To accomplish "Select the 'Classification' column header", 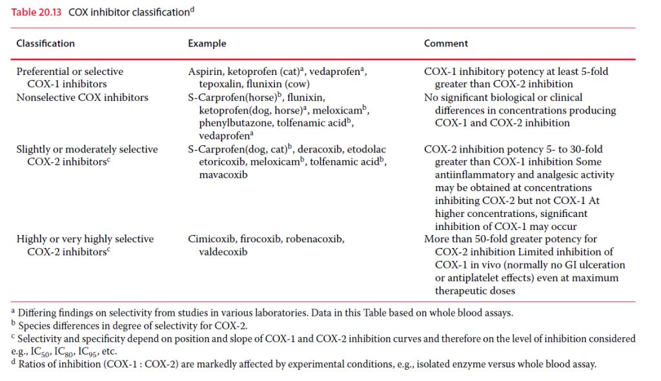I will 45,43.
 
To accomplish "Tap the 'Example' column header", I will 207,43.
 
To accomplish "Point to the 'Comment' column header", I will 446,43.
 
